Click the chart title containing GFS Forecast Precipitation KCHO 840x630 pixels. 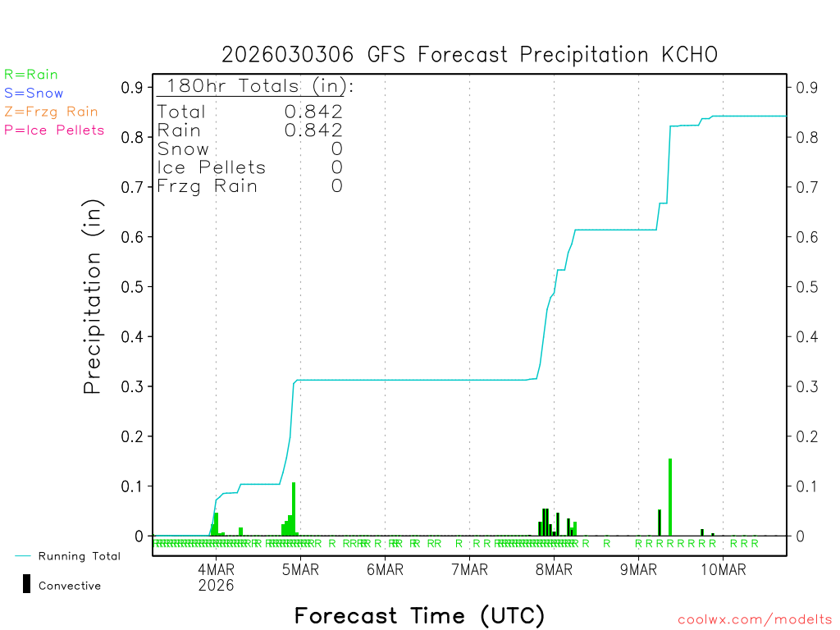pyautogui.click(x=469, y=55)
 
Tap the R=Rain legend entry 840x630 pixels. pyautogui.click(x=31, y=75)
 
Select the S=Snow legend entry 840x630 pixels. pyautogui.click(x=34, y=94)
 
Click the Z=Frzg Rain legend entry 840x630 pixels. pyautogui.click(x=51, y=112)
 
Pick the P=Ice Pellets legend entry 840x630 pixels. pyautogui.click(x=54, y=130)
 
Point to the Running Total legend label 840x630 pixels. pyautogui.click(x=79, y=556)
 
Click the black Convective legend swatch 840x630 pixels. pyautogui.click(x=27, y=583)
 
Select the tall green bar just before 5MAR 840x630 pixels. pyautogui.click(x=294, y=509)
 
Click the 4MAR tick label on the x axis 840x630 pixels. pyautogui.click(x=216, y=570)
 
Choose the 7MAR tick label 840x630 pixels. pyautogui.click(x=469, y=570)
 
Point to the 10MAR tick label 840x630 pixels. pyautogui.click(x=723, y=570)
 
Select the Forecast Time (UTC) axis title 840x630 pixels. pyautogui.click(x=419, y=615)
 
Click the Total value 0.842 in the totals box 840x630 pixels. pyautogui.click(x=313, y=112)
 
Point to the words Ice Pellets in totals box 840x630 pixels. pyautogui.click(x=212, y=167)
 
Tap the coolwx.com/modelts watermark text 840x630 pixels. pyautogui.click(x=755, y=620)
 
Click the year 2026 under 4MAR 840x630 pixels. pyautogui.click(x=216, y=586)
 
